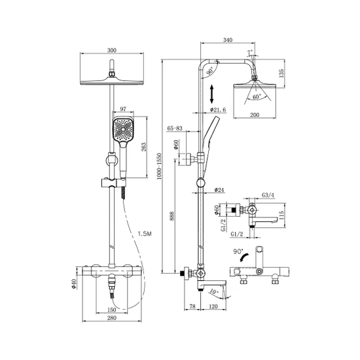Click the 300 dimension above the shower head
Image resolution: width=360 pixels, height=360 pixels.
click(112, 50)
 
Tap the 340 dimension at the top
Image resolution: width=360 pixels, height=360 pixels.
click(228, 40)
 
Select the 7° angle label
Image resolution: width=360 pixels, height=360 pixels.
click(250, 52)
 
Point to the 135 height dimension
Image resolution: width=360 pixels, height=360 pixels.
click(281, 73)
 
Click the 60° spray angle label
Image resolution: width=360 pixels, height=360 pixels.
click(257, 97)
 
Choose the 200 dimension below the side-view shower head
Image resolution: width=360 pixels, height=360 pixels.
click(255, 115)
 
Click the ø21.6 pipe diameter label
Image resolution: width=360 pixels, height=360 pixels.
click(218, 110)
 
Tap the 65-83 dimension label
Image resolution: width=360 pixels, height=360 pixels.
click(175, 128)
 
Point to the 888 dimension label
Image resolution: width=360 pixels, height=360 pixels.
click(172, 216)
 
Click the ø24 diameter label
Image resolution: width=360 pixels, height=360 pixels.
click(219, 190)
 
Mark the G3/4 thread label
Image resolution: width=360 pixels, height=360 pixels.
click(268, 195)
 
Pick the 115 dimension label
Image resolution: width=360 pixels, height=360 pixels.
click(281, 215)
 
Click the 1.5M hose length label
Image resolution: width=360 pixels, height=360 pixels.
click(145, 234)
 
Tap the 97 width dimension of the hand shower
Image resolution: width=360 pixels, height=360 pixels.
click(123, 109)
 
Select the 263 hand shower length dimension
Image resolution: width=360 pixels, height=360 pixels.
click(143, 147)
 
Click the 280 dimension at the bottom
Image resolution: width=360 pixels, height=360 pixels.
click(112, 318)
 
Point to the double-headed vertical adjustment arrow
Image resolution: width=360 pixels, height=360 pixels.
click(211, 94)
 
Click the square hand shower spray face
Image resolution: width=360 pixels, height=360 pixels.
click(123, 129)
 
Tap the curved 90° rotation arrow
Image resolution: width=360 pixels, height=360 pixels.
click(243, 257)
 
